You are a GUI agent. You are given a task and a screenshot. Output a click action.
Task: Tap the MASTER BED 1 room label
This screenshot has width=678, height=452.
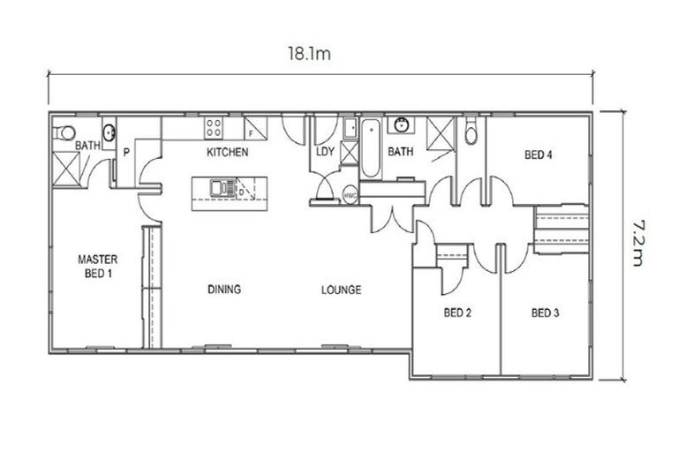(x=98, y=266)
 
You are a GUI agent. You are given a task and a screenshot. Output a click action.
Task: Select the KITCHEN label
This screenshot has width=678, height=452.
(x=227, y=153)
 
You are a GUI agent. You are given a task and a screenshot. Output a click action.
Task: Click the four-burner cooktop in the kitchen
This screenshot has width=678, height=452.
(x=214, y=128)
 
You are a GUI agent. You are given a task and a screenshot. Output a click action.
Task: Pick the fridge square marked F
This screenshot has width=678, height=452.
(x=253, y=129)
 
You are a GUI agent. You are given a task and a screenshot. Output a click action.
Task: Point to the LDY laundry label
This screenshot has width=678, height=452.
(x=325, y=152)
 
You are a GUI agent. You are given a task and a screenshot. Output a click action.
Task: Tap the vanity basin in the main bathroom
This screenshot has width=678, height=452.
(x=403, y=126)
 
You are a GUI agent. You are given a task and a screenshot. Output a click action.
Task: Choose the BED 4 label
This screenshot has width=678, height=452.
(x=538, y=154)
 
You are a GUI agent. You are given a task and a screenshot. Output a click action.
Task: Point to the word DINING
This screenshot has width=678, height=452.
(x=224, y=290)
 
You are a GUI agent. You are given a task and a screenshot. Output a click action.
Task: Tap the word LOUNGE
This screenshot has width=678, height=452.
(x=340, y=290)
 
